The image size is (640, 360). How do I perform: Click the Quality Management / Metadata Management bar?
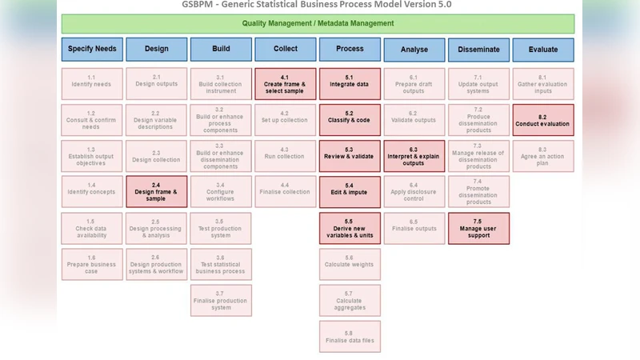318,24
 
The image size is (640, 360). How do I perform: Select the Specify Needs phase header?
92,49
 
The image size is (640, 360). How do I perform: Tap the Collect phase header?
286,49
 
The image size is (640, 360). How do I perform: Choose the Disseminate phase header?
478,49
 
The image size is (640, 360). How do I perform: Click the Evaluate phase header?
543,49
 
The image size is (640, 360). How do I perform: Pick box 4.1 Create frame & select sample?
286,84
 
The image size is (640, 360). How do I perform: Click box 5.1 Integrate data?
350,84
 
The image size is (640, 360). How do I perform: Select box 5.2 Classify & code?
350,120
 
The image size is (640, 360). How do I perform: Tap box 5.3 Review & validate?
350,156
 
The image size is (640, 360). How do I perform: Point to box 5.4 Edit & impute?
350,192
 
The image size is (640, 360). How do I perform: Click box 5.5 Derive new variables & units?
350,228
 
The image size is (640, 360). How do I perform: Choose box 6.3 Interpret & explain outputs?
414,156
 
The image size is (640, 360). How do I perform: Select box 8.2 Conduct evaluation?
543,120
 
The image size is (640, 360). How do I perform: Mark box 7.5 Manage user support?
478,228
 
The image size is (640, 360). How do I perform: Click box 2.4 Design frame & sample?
156,192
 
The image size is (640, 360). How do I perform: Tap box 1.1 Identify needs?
92,84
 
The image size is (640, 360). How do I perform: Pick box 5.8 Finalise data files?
350,337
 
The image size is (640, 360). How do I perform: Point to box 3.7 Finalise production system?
221,300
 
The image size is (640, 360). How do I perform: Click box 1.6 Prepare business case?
92,264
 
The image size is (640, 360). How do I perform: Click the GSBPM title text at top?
318,5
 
